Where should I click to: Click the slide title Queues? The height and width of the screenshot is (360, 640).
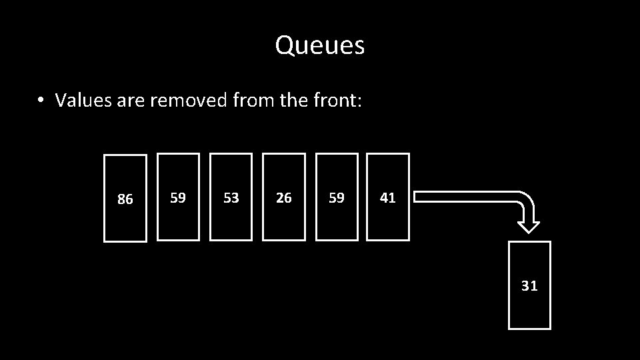pyautogui.click(x=319, y=45)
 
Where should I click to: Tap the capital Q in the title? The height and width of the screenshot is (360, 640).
pyautogui.click(x=285, y=45)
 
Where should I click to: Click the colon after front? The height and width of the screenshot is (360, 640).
pyautogui.click(x=360, y=102)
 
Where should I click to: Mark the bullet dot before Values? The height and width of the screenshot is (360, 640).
pyautogui.click(x=41, y=101)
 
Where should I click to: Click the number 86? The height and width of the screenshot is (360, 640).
pyautogui.click(x=125, y=199)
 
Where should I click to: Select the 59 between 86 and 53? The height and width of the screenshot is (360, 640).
pyautogui.click(x=178, y=197)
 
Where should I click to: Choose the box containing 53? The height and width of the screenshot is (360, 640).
pyautogui.click(x=231, y=197)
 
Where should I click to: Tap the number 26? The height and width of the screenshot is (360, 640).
pyautogui.click(x=284, y=197)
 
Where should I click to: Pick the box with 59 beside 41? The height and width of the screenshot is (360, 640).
pyautogui.click(x=337, y=197)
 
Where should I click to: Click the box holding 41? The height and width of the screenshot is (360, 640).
pyautogui.click(x=388, y=197)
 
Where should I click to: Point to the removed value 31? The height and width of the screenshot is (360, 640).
pyautogui.click(x=529, y=285)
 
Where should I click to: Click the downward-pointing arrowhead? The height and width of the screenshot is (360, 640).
pyautogui.click(x=529, y=225)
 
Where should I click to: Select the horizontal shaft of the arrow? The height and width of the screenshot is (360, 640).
pyautogui.click(x=460, y=196)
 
